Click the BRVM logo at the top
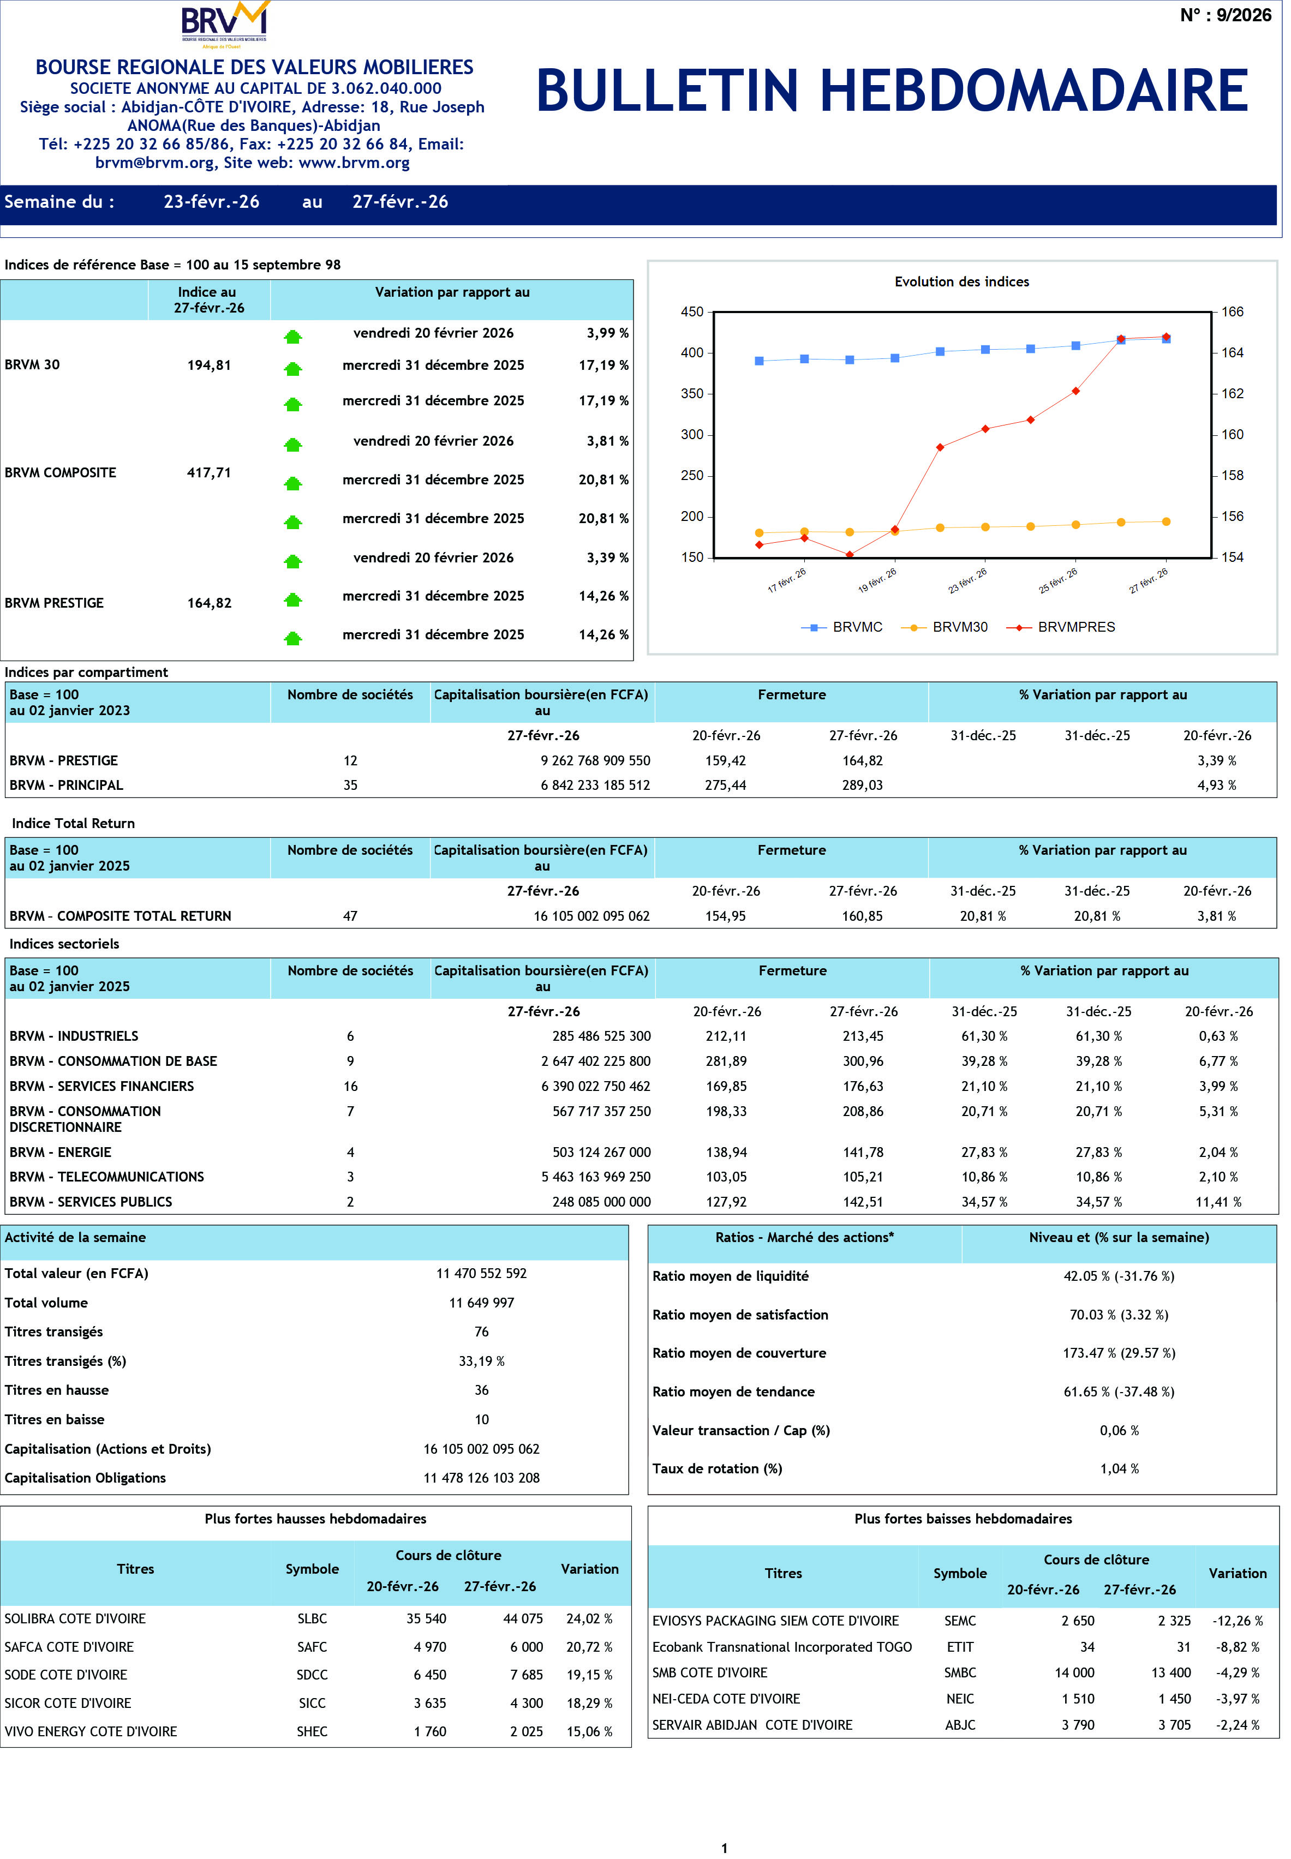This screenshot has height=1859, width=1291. [225, 23]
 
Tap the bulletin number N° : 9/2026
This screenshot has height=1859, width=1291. [1224, 15]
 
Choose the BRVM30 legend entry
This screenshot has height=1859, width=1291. [959, 627]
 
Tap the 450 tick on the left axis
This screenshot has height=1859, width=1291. [692, 312]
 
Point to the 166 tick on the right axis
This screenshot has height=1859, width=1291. [1232, 312]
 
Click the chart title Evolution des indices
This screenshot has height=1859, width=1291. [962, 282]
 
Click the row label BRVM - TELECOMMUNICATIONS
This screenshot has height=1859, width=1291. [107, 1177]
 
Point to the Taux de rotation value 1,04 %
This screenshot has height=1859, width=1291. [1119, 1469]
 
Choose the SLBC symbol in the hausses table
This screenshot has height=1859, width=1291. [312, 1619]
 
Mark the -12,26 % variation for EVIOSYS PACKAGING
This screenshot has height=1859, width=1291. [1237, 1621]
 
